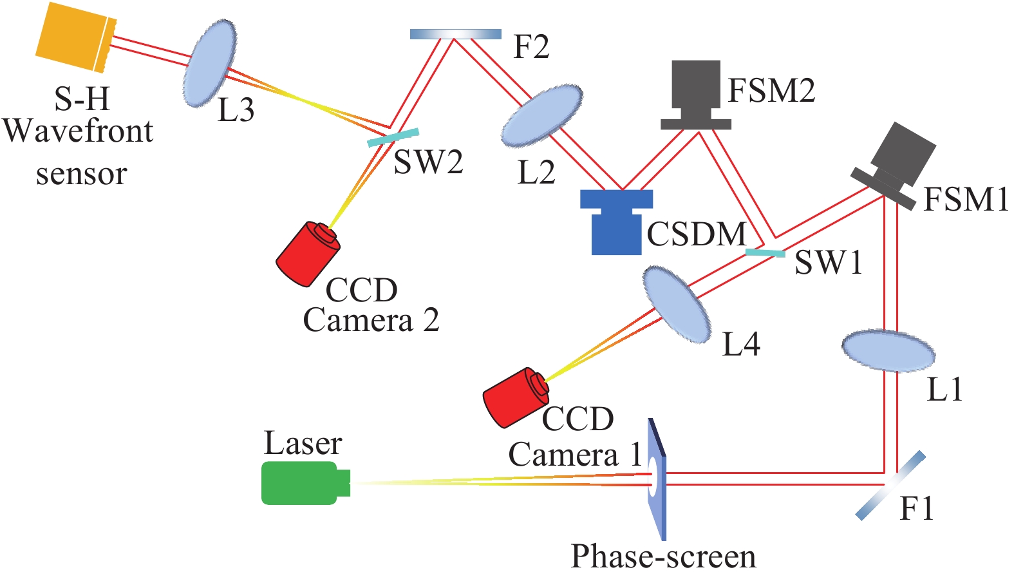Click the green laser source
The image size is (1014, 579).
tap(301, 482)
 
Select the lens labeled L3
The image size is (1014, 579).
tap(209, 63)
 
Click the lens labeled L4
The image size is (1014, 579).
tap(677, 305)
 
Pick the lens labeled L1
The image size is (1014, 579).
tap(888, 351)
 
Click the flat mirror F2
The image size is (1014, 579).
tap(455, 33)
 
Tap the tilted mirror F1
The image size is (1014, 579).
tap(890, 485)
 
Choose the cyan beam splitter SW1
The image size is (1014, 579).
tap(765, 252)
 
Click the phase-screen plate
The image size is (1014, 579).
tap(656, 480)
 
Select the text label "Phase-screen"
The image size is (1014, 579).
tap(663, 556)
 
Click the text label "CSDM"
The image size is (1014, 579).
tap(696, 234)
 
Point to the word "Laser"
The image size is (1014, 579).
tap(303, 443)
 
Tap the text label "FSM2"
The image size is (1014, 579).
tap(771, 90)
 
